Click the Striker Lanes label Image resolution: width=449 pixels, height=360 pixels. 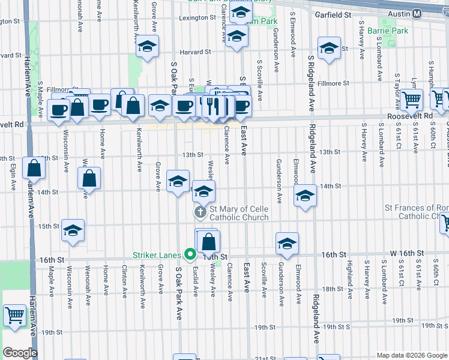tap(157, 254)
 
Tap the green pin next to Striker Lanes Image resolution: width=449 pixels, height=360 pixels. tap(190, 254)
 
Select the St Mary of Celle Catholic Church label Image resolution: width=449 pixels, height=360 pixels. tap(239, 213)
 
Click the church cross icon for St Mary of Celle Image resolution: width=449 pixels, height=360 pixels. tap(200, 212)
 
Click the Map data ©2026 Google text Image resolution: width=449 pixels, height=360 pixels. tap(412, 355)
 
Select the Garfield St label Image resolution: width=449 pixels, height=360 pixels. tap(334, 14)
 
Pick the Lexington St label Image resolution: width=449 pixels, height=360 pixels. tap(197, 18)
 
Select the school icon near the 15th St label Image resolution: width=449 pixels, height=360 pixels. tap(73, 230)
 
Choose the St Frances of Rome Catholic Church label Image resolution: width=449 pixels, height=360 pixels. tap(416, 212)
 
